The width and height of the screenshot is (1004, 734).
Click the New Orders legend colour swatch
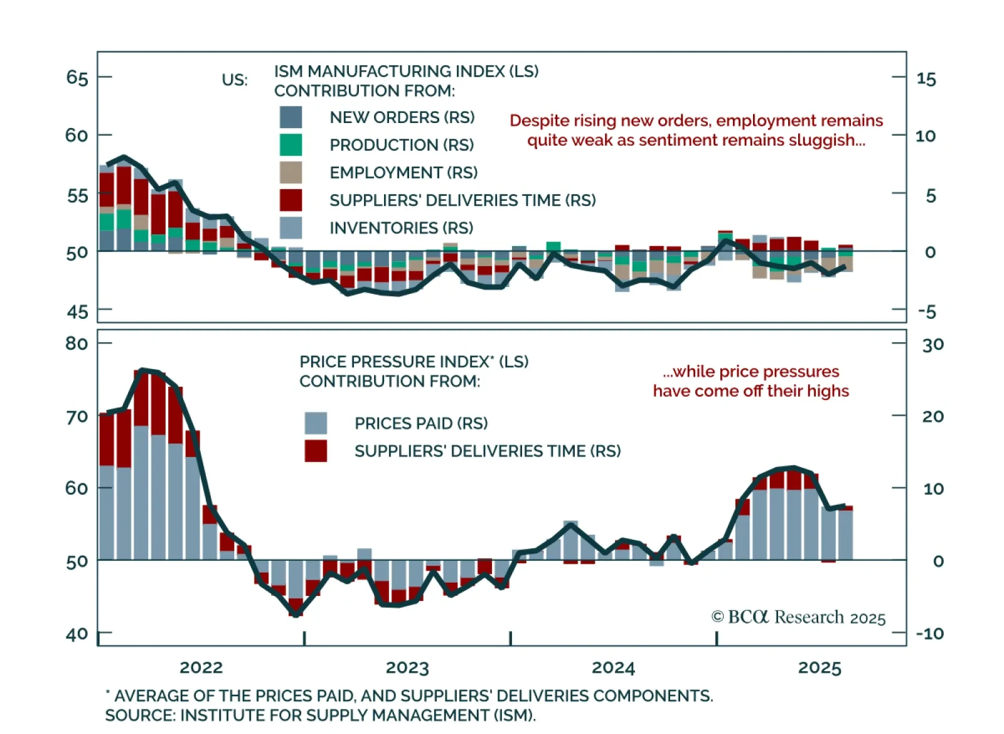point(291,117)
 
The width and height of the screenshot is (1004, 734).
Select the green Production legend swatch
point(291,145)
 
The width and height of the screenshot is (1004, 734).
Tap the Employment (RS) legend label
point(403,173)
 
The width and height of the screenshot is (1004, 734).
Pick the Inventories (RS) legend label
point(401,228)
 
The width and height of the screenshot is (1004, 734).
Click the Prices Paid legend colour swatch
point(316,423)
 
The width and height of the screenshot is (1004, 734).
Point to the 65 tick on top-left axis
point(77,77)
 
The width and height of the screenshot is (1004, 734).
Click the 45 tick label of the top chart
point(77,311)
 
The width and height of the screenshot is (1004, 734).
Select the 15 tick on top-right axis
point(926,78)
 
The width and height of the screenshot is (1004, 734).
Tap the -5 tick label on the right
point(927,311)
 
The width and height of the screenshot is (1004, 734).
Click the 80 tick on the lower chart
point(77,343)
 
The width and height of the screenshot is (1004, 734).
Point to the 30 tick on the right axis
point(932,344)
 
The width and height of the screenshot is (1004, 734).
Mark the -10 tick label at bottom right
point(929,634)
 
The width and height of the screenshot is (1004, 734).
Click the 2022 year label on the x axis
point(201,667)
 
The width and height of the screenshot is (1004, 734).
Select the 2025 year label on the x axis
point(820,667)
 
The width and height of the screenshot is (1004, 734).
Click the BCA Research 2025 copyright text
point(798,618)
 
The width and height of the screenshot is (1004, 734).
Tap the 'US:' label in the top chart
point(235,80)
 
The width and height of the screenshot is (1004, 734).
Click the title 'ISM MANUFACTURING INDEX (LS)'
point(406,71)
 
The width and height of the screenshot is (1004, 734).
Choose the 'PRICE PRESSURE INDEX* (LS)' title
point(414,362)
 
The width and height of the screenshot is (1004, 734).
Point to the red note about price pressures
point(750,381)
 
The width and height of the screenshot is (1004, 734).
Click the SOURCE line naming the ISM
point(320,715)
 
